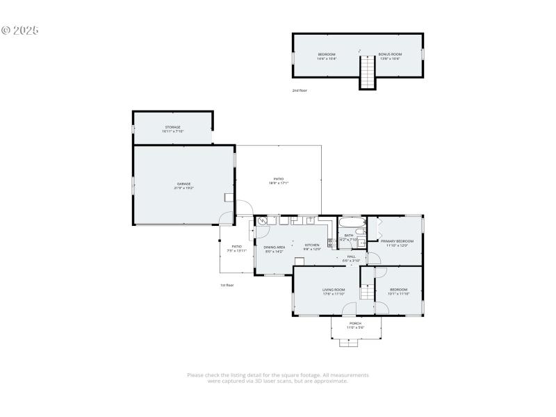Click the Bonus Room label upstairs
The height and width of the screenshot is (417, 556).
(390, 56)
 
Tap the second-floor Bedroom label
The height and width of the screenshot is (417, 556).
(327, 56)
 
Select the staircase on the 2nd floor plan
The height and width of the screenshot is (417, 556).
(367, 72)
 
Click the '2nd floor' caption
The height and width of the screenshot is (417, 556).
(300, 90)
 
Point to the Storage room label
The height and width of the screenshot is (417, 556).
(172, 129)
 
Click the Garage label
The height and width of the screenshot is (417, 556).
(183, 186)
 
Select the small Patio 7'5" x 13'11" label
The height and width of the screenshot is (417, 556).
(236, 248)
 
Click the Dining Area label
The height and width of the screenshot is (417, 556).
(275, 249)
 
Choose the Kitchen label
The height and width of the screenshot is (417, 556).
(312, 247)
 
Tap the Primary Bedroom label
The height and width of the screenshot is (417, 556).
(396, 243)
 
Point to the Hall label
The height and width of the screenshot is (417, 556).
(352, 259)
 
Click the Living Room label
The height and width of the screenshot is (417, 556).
(334, 291)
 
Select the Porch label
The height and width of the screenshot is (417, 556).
(355, 325)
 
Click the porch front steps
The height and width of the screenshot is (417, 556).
(347, 342)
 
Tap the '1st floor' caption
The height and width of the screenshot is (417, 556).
(227, 285)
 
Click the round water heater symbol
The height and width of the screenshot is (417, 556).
(262, 222)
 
